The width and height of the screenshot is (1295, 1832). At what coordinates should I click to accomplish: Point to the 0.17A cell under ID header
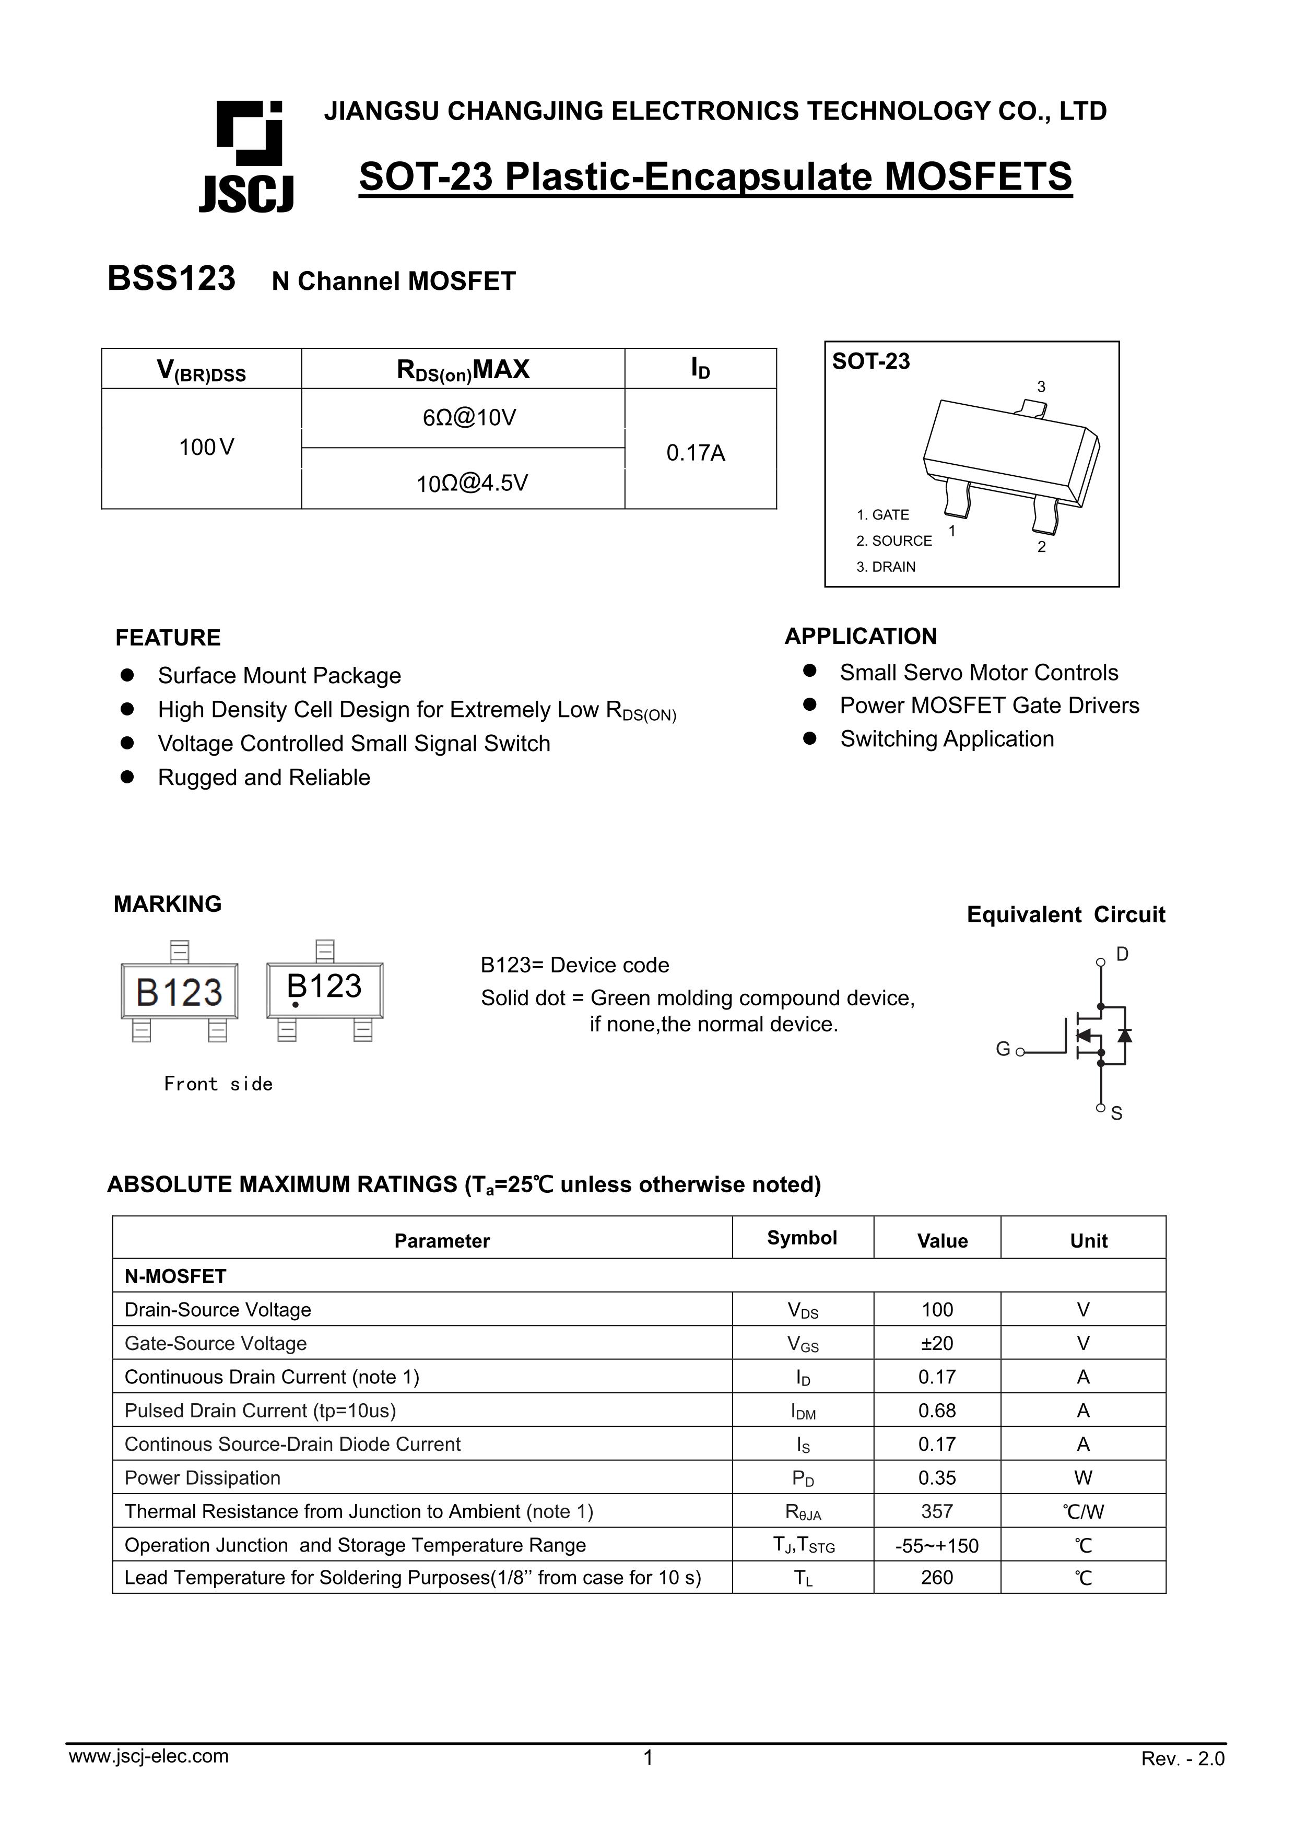pos(695,453)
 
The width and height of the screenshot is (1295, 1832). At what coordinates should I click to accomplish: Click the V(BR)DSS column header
pos(201,369)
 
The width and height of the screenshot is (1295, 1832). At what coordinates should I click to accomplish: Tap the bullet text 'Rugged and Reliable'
pos(263,777)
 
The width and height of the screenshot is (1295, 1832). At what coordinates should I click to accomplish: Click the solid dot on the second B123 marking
pos(295,1005)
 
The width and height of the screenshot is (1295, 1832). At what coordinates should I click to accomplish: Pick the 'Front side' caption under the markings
pos(218,1084)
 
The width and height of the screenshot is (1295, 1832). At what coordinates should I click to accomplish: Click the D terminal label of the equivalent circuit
pos(1122,954)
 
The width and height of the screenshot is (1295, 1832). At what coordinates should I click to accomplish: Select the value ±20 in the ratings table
pos(937,1344)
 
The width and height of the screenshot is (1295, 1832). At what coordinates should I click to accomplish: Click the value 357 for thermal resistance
pos(937,1511)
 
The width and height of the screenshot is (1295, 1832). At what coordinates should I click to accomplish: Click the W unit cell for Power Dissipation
pos(1083,1478)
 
